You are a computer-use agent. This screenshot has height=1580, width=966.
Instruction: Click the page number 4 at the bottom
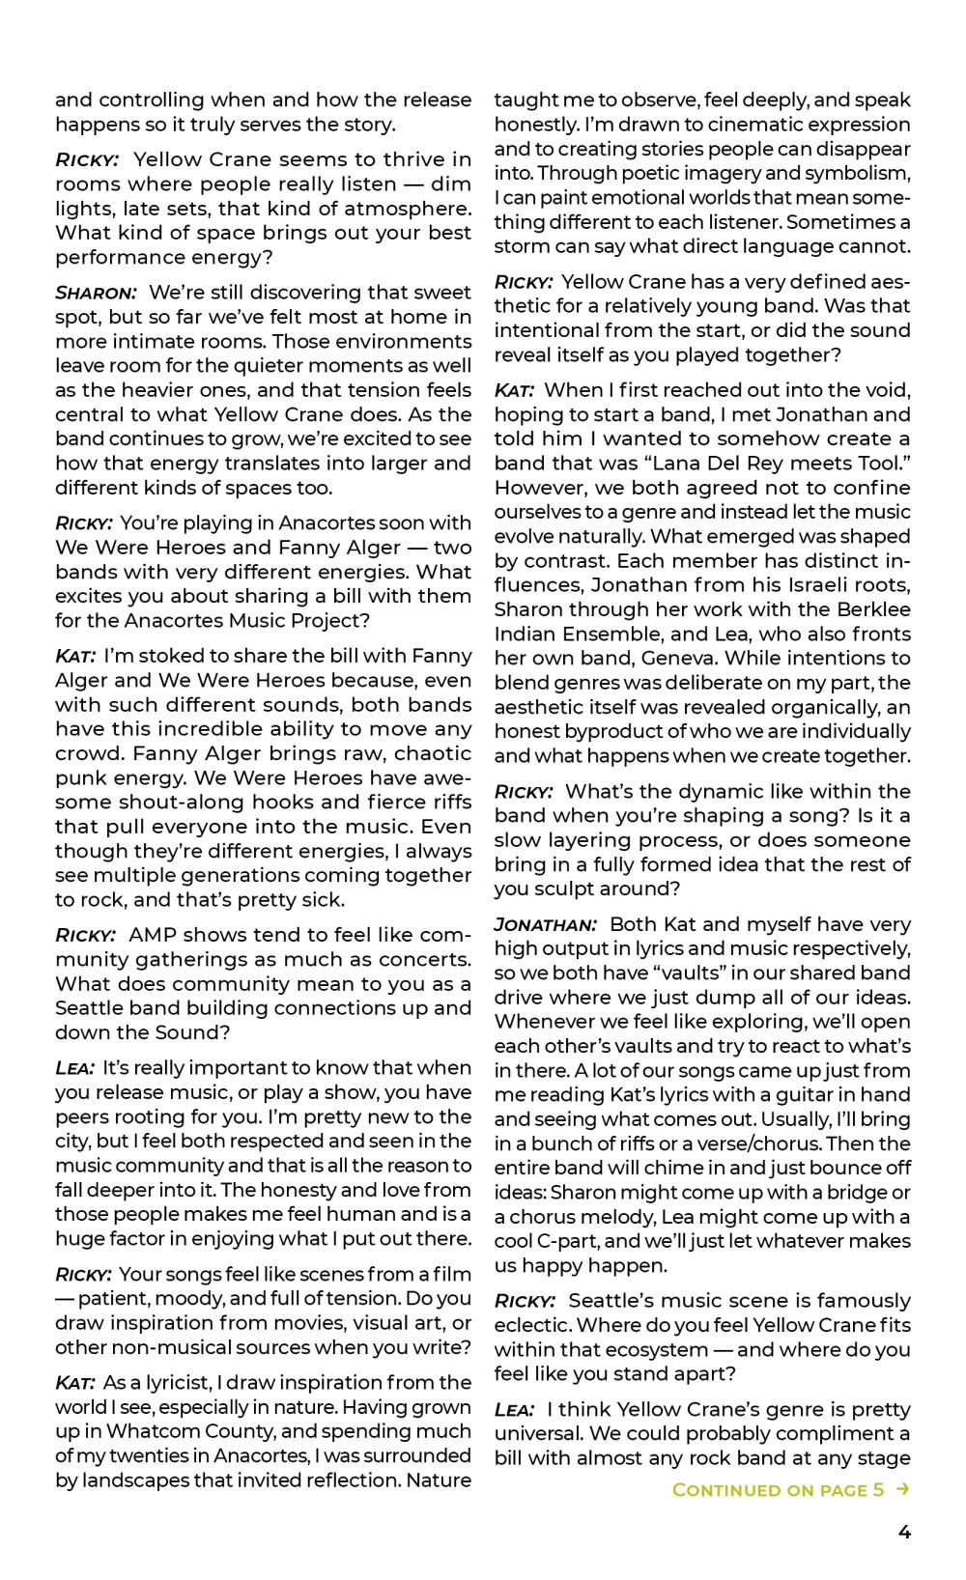click(x=904, y=1532)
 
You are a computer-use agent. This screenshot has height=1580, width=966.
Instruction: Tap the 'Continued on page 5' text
click(x=778, y=1489)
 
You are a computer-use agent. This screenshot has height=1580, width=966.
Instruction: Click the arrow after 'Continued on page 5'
click(x=902, y=1489)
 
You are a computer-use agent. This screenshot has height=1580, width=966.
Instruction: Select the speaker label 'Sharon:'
click(x=96, y=293)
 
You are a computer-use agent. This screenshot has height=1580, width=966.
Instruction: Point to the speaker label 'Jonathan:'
click(x=545, y=924)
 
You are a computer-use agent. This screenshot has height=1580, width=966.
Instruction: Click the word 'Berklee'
click(x=873, y=609)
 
